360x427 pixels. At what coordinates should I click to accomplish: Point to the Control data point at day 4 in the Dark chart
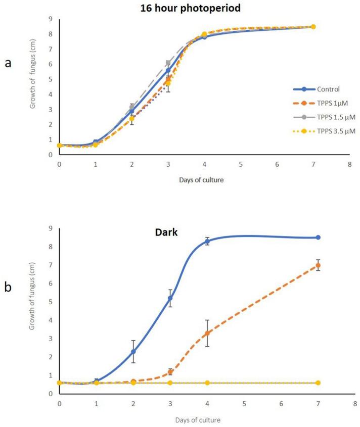pyautogui.click(x=207, y=241)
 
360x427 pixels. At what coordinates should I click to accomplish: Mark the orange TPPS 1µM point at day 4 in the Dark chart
pyautogui.click(x=207, y=333)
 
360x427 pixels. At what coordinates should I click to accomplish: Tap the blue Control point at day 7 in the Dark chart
pyautogui.click(x=318, y=238)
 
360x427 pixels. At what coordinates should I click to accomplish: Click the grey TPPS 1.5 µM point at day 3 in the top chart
pyautogui.click(x=168, y=63)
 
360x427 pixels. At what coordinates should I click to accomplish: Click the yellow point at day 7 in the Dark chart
pyautogui.click(x=318, y=383)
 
